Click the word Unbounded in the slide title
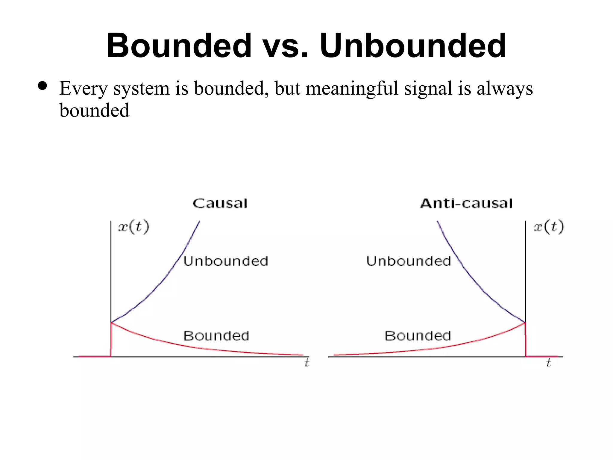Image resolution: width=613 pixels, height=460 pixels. point(413,46)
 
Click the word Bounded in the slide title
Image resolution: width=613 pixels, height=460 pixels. point(179,46)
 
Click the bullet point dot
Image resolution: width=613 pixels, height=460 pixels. point(43,86)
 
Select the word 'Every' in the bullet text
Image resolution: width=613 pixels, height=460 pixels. point(83,89)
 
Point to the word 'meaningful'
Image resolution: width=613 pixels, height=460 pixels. point(352,89)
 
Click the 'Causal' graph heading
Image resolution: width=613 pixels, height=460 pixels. point(220,204)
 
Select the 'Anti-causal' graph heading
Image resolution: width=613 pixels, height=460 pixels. point(466,204)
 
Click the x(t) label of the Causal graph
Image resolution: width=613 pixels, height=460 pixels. point(133,227)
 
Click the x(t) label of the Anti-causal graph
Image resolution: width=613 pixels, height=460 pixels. point(549,227)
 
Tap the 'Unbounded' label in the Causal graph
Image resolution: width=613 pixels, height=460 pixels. point(225,261)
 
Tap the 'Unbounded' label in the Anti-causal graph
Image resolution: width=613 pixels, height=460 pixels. point(409,261)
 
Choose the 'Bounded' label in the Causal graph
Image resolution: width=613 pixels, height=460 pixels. point(216,336)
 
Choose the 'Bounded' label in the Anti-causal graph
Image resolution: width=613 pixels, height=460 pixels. point(418,336)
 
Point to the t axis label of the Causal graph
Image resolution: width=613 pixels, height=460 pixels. point(307,363)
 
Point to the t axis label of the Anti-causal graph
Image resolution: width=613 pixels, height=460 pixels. point(548,363)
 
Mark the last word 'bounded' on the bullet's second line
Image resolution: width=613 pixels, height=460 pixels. point(94,110)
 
